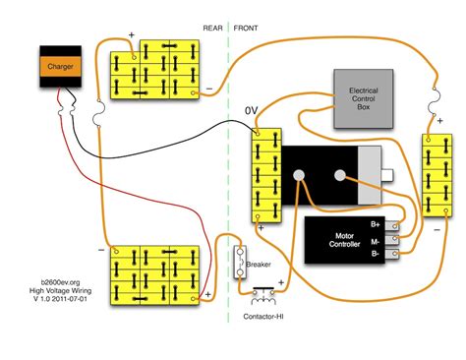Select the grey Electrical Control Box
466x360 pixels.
point(364,99)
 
